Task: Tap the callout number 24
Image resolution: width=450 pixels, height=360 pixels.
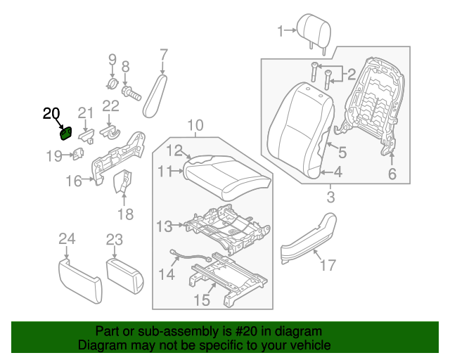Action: click(x=66, y=240)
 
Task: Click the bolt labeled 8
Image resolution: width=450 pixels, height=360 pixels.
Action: click(x=128, y=91)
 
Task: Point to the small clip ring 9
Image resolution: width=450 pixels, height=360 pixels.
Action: click(x=111, y=85)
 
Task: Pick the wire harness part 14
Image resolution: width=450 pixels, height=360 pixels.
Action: click(x=191, y=258)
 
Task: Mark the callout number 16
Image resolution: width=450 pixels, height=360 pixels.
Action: click(x=74, y=181)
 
